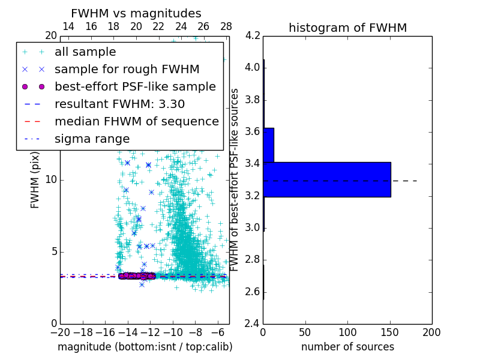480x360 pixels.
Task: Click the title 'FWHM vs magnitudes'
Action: (x=136, y=13)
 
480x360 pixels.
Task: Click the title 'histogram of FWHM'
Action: (x=347, y=28)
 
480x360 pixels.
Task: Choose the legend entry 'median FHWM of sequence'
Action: (x=136, y=121)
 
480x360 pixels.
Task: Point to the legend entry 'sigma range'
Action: (x=92, y=139)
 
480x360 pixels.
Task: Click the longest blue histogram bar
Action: (x=327, y=179)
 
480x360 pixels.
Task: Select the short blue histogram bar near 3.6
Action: (x=268, y=145)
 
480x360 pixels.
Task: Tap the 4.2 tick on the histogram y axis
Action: (x=253, y=35)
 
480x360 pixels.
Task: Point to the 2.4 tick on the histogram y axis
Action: (x=253, y=323)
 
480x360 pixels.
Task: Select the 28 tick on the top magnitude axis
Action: (x=226, y=26)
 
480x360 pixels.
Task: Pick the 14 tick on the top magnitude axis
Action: (x=68, y=26)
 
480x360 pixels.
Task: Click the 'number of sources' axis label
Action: (x=347, y=347)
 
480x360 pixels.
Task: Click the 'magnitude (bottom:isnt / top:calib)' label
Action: (x=145, y=347)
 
